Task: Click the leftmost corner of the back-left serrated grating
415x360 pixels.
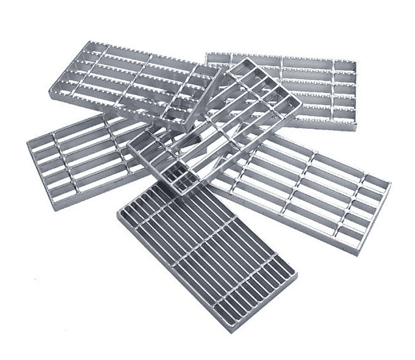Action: point(50,96)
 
